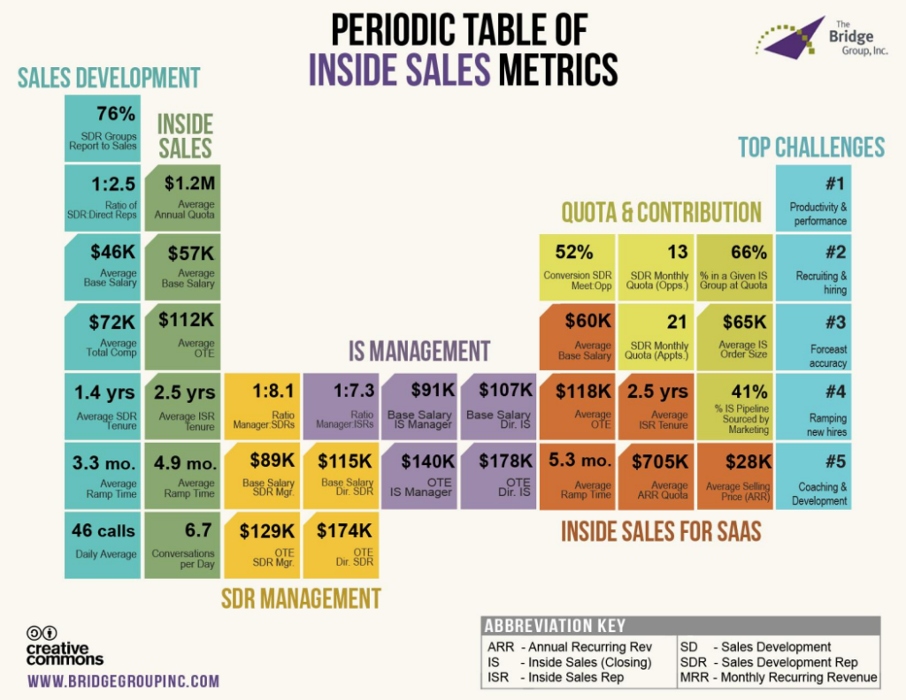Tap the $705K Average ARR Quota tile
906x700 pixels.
[656, 473]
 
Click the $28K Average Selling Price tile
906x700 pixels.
[734, 473]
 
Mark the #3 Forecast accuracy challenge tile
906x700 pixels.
[813, 337]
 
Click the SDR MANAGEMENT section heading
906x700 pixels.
[301, 598]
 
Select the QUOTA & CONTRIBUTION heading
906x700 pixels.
[661, 212]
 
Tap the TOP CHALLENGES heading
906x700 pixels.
[811, 147]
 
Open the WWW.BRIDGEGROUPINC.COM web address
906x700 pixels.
[123, 681]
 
